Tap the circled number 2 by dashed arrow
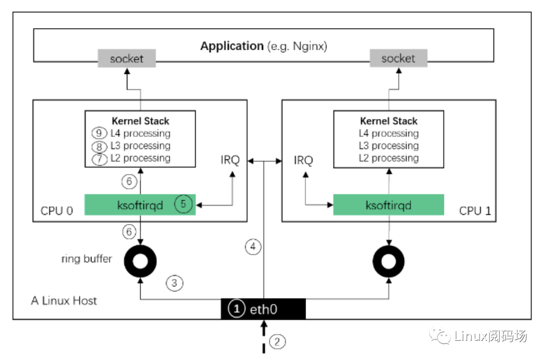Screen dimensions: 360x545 pyautogui.click(x=277, y=342)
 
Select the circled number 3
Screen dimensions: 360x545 pyautogui.click(x=175, y=283)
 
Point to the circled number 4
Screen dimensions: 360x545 pyautogui.click(x=253, y=247)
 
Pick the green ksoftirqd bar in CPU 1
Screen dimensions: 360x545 pyautogui.click(x=389, y=205)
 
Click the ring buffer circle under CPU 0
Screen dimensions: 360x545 pyautogui.click(x=140, y=261)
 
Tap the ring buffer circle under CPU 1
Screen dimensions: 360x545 pyautogui.click(x=389, y=261)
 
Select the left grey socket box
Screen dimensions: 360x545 pyautogui.click(x=127, y=59)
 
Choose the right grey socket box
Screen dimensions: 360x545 pyautogui.click(x=398, y=59)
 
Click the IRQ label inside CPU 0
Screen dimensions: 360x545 pyautogui.click(x=229, y=161)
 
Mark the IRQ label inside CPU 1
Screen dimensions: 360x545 pyautogui.click(x=303, y=161)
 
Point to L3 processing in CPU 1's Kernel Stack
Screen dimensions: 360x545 pyautogui.click(x=389, y=146)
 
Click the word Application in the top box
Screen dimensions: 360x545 pyautogui.click(x=232, y=46)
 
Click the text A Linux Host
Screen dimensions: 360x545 pyautogui.click(x=64, y=301)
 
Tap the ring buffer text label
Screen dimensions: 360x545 pyautogui.click(x=86, y=259)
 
